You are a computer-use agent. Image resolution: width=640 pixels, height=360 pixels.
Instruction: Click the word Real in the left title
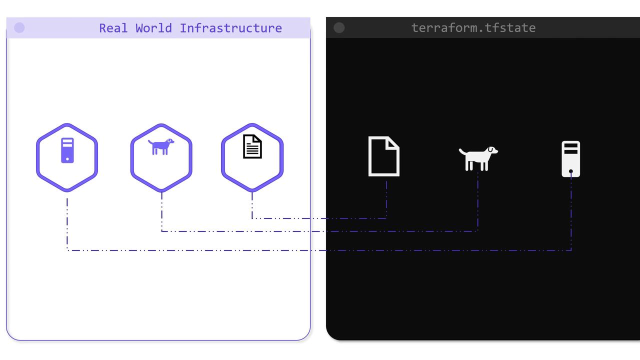point(113,28)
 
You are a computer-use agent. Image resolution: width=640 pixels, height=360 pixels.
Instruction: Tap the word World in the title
point(154,28)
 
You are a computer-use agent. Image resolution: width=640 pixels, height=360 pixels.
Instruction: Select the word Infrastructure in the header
point(230,28)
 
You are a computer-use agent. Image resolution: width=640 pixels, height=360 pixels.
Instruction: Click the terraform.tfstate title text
point(473,28)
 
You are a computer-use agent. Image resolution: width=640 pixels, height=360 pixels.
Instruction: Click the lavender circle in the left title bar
point(19,28)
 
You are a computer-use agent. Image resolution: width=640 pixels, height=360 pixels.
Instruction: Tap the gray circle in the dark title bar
point(339,28)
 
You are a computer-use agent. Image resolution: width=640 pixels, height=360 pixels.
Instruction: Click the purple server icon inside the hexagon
point(67,150)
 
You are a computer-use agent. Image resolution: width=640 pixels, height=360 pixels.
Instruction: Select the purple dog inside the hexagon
point(161,147)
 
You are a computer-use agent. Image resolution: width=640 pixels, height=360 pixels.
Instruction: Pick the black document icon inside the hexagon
point(252,146)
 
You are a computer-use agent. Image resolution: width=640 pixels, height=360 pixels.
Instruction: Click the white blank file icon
point(383,156)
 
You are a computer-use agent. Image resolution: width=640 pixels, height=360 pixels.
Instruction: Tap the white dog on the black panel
point(478,158)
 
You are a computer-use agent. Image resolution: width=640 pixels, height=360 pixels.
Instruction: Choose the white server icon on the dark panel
point(571,159)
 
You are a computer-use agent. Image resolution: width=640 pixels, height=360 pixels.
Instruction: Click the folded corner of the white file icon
point(393,142)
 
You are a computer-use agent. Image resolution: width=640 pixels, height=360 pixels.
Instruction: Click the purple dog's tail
point(150,143)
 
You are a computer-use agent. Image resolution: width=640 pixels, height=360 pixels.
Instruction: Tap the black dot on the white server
point(571,171)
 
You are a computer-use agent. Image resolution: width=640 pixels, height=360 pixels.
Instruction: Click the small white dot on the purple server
point(67,159)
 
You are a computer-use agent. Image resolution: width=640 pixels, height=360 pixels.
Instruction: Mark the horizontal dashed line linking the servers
point(320,250)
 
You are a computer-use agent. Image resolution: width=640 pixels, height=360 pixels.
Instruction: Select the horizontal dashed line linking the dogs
point(320,231)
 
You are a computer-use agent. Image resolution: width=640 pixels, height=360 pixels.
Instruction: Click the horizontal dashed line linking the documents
point(320,218)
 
